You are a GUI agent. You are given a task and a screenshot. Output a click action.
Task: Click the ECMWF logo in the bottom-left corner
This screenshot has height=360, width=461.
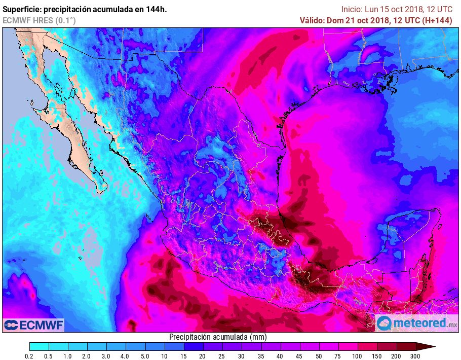click(33, 325)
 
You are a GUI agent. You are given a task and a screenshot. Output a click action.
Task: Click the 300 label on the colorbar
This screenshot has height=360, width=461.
click(416, 356)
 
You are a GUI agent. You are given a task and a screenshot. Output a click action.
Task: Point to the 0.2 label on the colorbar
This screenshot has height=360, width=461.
click(30, 356)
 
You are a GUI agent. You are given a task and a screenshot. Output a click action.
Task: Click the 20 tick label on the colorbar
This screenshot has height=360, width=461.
click(203, 356)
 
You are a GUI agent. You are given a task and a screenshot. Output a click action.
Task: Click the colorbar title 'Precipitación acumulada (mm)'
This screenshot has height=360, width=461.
click(218, 337)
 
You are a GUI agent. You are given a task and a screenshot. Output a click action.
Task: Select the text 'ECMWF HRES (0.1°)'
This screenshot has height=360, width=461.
click(39, 20)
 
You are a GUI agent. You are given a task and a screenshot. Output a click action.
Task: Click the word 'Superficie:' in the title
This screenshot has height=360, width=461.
click(22, 9)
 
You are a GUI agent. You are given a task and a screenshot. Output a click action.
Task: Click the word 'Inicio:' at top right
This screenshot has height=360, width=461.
click(352, 9)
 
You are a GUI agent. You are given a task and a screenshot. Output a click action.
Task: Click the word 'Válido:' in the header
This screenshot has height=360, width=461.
click(314, 20)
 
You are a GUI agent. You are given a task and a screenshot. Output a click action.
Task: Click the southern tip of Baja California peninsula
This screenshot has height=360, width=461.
click(97, 191)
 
